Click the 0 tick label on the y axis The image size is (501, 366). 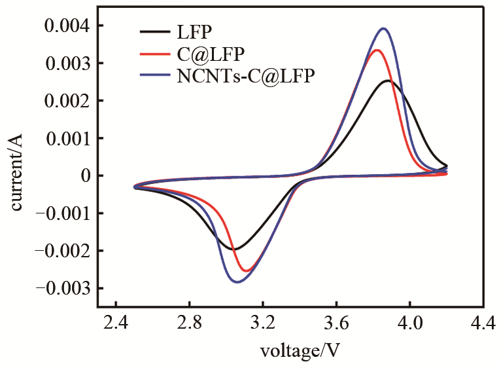[x=83, y=175]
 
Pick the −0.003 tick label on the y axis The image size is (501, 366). [x=60, y=288]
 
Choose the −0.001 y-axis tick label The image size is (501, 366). [x=60, y=213]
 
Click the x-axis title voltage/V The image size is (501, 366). [x=299, y=350]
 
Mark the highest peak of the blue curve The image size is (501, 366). [x=383, y=28]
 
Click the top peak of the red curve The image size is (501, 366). [x=376, y=50]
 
